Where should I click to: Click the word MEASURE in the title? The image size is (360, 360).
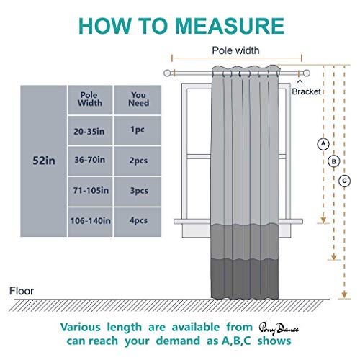tap(230, 26)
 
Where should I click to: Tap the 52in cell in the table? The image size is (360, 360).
tap(43, 161)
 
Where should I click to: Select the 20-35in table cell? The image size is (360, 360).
tap(90, 130)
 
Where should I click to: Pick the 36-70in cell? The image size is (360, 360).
tap(90, 161)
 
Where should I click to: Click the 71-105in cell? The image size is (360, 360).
tap(90, 192)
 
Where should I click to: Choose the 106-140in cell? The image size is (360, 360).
tap(90, 222)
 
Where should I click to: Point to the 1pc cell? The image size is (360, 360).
tap(138, 130)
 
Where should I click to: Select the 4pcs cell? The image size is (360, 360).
tap(138, 222)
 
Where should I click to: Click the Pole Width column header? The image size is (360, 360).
tap(90, 100)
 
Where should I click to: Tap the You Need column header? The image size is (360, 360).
tap(138, 100)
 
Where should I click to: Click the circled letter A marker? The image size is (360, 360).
tap(323, 144)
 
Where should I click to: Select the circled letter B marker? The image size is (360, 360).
tap(334, 161)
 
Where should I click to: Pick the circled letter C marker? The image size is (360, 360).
tap(344, 181)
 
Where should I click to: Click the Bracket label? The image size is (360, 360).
tap(306, 91)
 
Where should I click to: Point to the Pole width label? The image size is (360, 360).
tap(235, 50)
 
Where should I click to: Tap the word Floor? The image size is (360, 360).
tap(22, 291)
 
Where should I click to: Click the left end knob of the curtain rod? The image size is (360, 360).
tap(167, 73)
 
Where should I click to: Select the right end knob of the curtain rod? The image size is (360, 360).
tap(307, 73)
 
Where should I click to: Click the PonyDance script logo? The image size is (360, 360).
tap(279, 328)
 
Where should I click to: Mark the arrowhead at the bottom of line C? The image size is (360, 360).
tap(344, 294)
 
